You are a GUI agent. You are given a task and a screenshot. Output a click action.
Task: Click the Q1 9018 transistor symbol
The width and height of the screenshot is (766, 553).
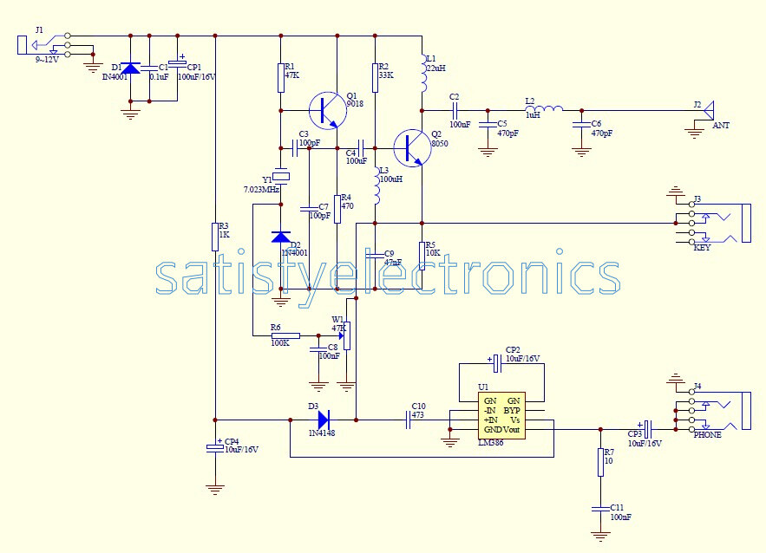(325, 110)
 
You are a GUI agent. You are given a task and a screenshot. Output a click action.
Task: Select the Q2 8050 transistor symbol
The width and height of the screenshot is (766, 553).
(410, 147)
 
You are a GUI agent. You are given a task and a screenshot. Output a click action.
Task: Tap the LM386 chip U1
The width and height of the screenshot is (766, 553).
(502, 414)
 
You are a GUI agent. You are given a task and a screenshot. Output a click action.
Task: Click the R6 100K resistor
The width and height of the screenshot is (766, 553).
(285, 335)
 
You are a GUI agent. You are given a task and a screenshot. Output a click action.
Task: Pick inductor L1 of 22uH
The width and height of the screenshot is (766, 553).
(422, 77)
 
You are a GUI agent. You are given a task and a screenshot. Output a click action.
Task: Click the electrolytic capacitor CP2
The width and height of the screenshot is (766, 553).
(495, 358)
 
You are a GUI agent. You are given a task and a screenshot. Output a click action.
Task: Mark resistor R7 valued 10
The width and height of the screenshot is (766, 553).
(599, 462)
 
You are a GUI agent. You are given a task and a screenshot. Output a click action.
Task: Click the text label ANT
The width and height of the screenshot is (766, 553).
(721, 126)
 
